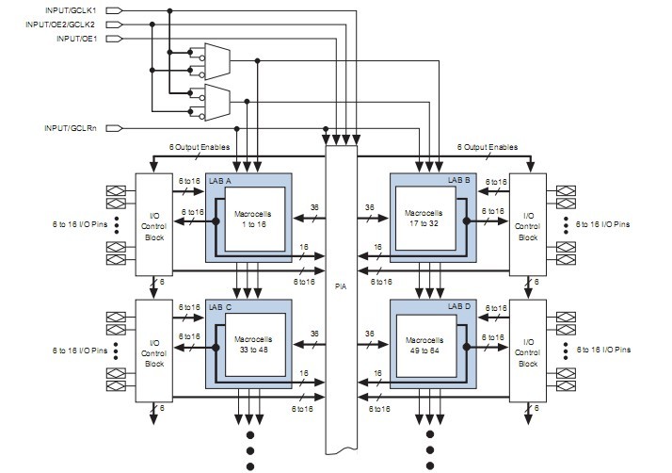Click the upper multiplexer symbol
[216, 61]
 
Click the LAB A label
[222, 179]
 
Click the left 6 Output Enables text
[200, 148]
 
